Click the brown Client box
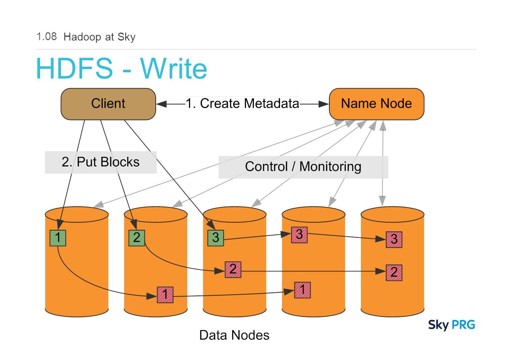tap(108, 104)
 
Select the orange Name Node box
tap(377, 104)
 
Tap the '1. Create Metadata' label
tap(243, 103)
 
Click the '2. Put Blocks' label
tap(101, 162)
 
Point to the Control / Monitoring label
tap(303, 166)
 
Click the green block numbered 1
tap(58, 238)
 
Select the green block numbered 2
tap(137, 238)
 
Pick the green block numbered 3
tap(216, 238)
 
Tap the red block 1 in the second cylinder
tap(165, 295)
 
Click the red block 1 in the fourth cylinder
tap(302, 290)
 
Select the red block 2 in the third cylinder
tap(233, 270)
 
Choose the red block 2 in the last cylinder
tap(394, 273)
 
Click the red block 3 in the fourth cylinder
tap(299, 235)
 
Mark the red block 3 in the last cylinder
tap(394, 239)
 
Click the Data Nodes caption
tap(234, 335)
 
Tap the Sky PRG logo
tap(452, 325)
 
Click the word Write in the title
tap(174, 68)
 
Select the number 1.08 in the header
tap(47, 37)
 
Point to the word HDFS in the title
tap(75, 68)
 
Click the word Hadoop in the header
tap(82, 37)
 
